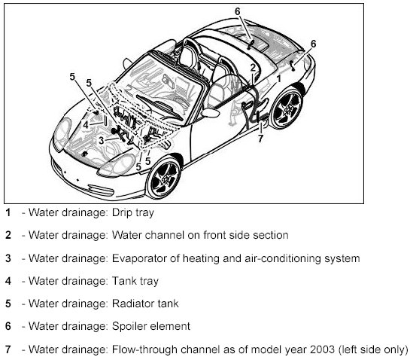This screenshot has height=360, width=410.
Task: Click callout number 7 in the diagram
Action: coord(260,139)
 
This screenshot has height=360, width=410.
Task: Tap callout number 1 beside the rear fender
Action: coord(279,78)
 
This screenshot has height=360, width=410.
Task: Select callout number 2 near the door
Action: coord(253,68)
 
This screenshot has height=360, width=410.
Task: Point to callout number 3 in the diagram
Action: coord(102,141)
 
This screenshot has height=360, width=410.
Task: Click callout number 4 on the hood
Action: coord(86,125)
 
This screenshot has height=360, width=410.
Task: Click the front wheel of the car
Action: coord(164,178)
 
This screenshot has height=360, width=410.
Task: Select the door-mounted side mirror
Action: coord(211,112)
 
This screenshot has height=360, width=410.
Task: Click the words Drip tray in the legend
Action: coord(133,212)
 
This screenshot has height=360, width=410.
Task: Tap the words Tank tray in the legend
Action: coord(135,281)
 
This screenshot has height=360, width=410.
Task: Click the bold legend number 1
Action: coord(8,212)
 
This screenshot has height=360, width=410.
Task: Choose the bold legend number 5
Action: coord(8,304)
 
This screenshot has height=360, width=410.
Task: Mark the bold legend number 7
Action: coord(8,349)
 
